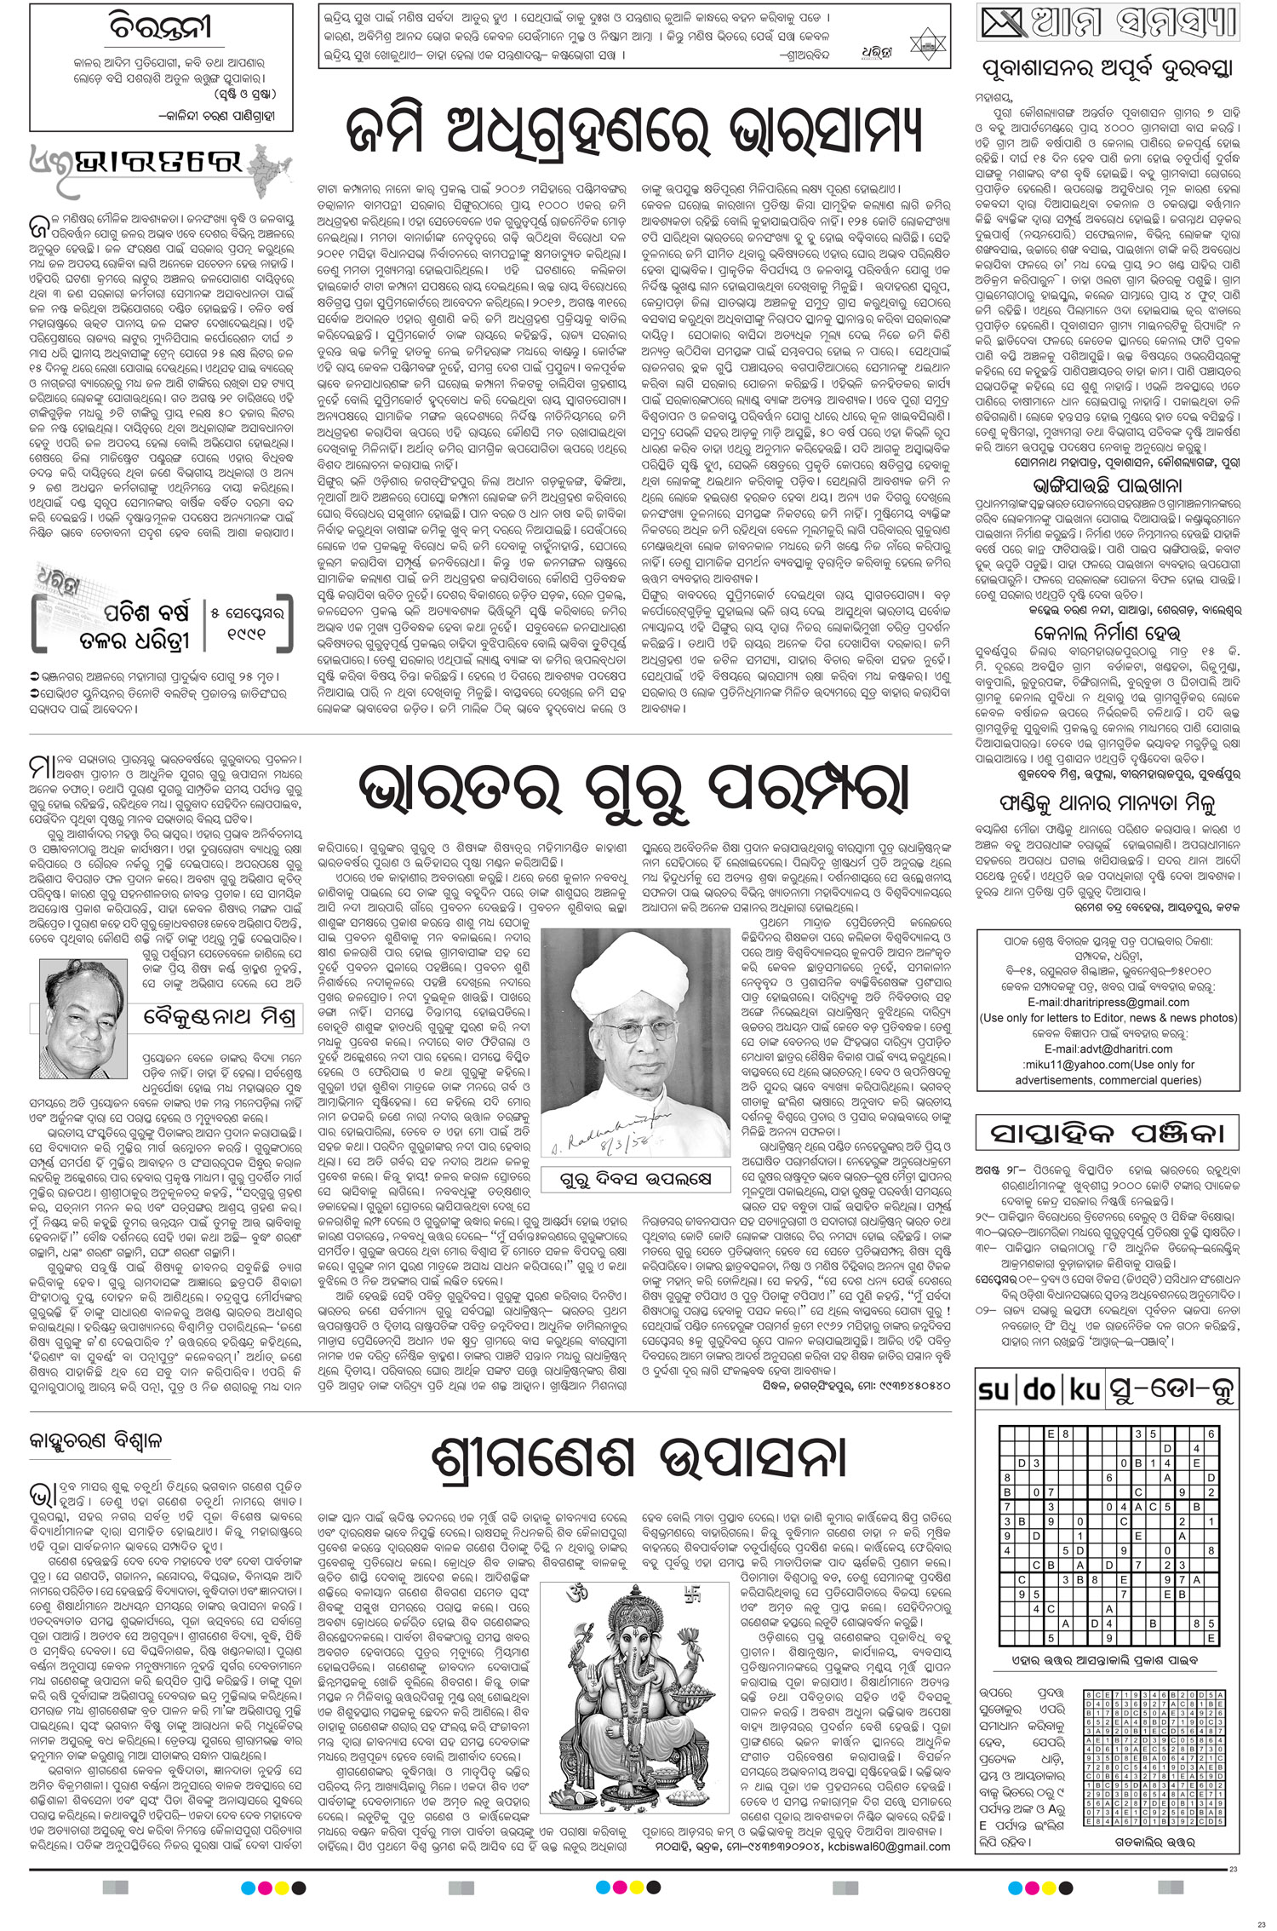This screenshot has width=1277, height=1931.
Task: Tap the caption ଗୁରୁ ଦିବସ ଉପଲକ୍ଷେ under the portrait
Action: click(x=635, y=1179)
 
